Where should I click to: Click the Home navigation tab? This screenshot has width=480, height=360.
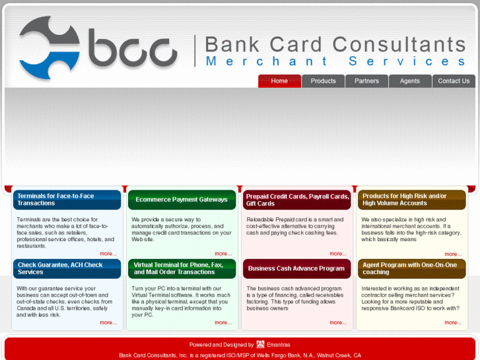[279, 81]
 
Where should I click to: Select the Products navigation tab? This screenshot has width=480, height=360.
[323, 81]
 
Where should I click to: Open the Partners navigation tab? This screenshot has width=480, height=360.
[366, 81]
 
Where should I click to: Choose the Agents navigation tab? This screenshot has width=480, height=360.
[410, 81]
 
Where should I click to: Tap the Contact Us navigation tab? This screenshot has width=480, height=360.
[454, 81]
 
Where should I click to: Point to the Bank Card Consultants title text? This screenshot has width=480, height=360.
[335, 44]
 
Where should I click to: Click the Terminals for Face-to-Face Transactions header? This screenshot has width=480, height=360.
[67, 199]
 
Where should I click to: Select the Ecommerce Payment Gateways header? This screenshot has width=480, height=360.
[182, 199]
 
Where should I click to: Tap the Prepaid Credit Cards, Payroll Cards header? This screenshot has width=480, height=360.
[297, 199]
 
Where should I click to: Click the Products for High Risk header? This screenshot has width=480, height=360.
[412, 199]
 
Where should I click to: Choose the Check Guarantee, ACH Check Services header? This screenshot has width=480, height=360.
[67, 269]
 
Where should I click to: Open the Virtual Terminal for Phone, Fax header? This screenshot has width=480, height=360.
[182, 269]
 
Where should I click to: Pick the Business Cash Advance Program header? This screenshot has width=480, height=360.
[297, 269]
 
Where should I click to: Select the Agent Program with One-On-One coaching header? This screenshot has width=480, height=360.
[412, 269]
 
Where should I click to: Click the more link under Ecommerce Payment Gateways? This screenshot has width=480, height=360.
[223, 254]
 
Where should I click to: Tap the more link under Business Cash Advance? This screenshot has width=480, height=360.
[337, 323]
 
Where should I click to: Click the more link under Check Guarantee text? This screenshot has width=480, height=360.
[108, 323]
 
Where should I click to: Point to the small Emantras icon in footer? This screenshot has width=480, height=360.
[260, 344]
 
